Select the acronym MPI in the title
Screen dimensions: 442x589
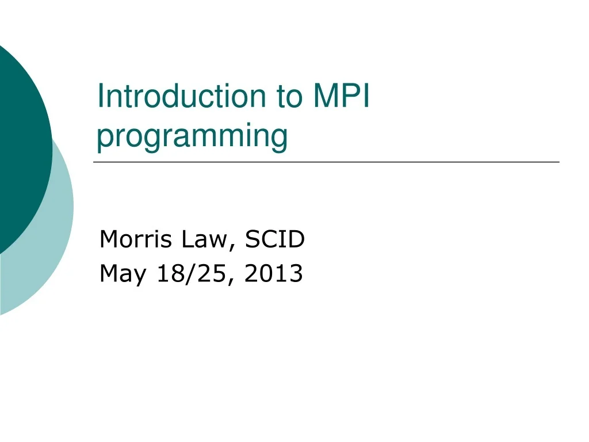click(x=341, y=96)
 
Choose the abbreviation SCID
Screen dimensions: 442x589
click(x=274, y=239)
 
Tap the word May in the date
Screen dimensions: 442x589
click(x=121, y=274)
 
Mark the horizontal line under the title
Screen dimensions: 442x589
click(x=326, y=162)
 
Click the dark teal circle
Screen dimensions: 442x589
click(x=20, y=144)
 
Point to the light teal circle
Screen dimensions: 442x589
click(x=55, y=242)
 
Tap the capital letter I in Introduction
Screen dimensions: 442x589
click(x=100, y=96)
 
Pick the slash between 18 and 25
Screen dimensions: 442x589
click(x=189, y=274)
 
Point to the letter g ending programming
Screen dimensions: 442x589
click(x=279, y=139)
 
